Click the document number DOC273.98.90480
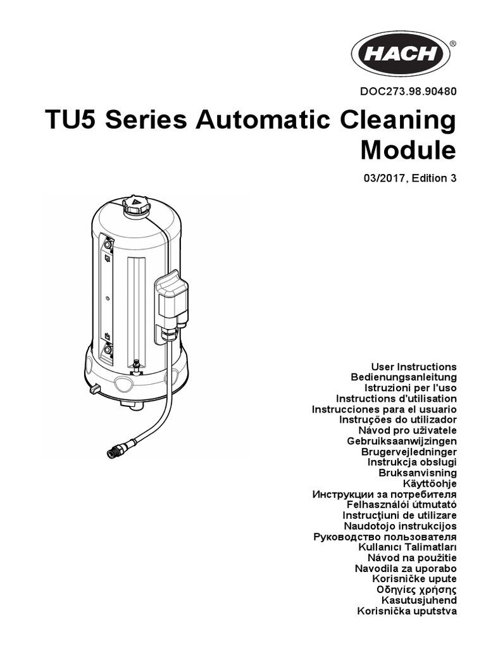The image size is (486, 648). pos(408,92)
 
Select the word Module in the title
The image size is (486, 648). pos(408,151)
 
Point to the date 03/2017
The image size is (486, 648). pos(382,178)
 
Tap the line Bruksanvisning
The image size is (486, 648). pos(417,473)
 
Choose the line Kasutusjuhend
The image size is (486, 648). pos(419,600)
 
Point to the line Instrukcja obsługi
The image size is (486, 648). pos(412,462)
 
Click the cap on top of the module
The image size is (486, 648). pos(135,205)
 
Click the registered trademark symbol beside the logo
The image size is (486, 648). pos(452,44)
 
